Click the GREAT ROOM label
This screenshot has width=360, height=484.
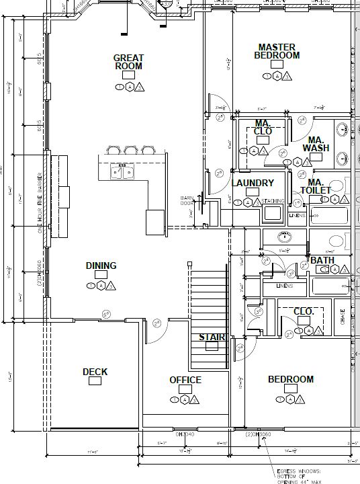point(128,62)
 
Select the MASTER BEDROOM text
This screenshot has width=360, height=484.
point(277,51)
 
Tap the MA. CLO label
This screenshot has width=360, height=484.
point(263,127)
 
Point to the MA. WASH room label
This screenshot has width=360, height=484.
point(316,144)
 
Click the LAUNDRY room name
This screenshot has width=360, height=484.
point(253,183)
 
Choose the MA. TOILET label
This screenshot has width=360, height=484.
point(319,186)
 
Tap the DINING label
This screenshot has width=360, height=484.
point(101,266)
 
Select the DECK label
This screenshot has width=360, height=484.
point(95,372)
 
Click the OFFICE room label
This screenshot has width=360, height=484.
point(185,380)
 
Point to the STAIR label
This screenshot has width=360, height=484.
point(212,337)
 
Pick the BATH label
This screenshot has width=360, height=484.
point(322,260)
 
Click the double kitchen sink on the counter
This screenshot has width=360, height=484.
point(122,173)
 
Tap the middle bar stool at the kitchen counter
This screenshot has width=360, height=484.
point(130,151)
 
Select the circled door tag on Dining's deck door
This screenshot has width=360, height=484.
point(106,315)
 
